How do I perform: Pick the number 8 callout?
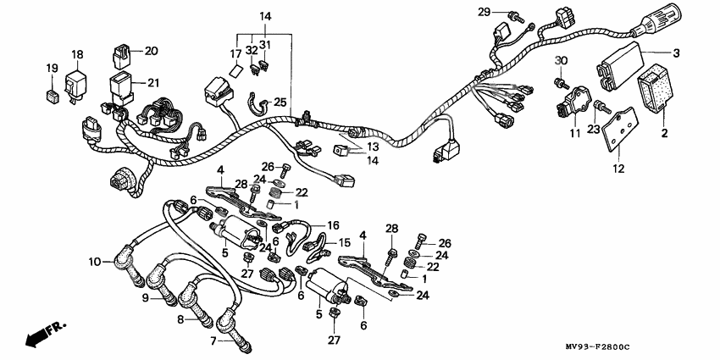180,319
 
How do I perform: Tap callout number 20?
151,51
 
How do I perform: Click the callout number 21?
153,82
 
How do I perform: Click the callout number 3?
676,53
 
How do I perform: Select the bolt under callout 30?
560,81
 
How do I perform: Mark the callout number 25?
280,102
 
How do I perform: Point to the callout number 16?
334,225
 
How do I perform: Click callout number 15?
344,242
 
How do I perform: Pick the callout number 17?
236,53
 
